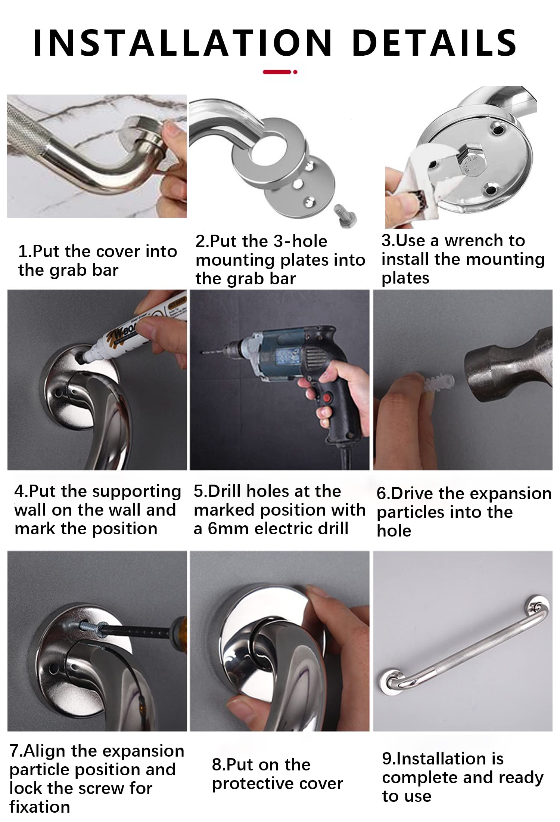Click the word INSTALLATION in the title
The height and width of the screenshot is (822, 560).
point(183,42)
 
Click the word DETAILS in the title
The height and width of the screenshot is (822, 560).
point(434,42)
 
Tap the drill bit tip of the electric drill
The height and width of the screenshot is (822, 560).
point(202,352)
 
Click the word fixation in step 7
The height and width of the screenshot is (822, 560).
point(40,807)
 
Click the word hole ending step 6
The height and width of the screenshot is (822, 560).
point(394,531)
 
